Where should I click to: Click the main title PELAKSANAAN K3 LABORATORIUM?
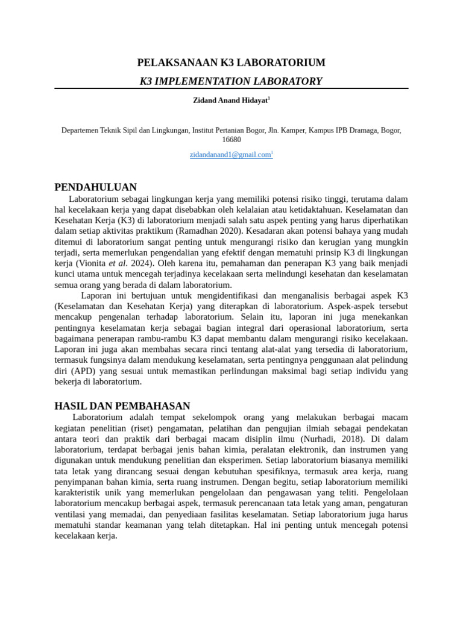pyautogui.click(x=231, y=63)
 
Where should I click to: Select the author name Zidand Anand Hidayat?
pyautogui.click(x=230, y=101)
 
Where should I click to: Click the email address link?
pyautogui.click(x=230, y=155)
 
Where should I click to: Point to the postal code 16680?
pyautogui.click(x=231, y=140)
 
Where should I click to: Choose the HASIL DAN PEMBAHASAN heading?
pyautogui.click(x=122, y=406)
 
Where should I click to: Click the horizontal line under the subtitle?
pyautogui.click(x=231, y=89)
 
